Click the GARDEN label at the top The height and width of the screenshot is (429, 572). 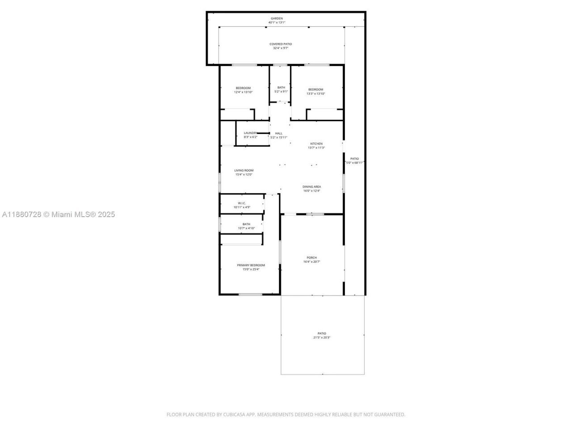(x=277, y=18)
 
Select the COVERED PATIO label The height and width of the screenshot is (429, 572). (x=281, y=44)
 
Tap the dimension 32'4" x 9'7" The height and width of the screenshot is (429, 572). (x=281, y=48)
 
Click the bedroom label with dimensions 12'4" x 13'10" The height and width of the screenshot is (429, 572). (x=243, y=88)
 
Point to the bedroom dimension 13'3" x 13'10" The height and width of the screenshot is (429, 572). (x=315, y=93)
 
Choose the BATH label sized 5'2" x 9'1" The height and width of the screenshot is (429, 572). (x=281, y=88)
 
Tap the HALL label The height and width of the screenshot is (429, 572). (x=279, y=133)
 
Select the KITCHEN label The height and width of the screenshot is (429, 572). (x=316, y=143)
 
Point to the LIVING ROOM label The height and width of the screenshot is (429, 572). (x=244, y=170)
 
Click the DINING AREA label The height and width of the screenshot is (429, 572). (x=311, y=187)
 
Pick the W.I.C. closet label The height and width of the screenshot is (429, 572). (x=242, y=203)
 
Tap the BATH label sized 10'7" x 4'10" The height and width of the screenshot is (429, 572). (x=246, y=224)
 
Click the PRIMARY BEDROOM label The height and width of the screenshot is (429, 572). (x=251, y=265)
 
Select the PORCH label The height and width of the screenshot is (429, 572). (x=311, y=257)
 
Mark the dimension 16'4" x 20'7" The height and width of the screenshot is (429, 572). (x=311, y=262)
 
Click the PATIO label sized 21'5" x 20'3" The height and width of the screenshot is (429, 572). (x=322, y=333)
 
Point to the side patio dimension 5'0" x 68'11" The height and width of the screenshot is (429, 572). (x=355, y=163)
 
